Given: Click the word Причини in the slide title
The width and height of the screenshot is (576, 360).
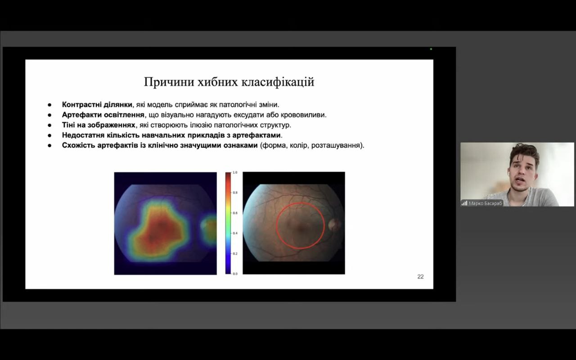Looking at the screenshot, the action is tap(169, 82).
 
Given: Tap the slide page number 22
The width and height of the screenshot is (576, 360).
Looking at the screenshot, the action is tap(420, 277).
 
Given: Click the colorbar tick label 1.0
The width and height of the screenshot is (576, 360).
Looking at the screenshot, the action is tap(235, 172).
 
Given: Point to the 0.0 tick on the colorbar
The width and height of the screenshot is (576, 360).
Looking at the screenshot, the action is tap(235, 274).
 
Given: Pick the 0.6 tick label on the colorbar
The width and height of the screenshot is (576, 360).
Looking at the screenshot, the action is tap(235, 213).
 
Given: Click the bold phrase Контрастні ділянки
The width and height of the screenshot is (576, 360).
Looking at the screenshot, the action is tap(97, 105).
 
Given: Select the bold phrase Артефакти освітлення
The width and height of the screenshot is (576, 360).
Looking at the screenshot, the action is tap(103, 115).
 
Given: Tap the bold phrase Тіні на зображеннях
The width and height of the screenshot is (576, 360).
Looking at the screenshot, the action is tap(99, 125).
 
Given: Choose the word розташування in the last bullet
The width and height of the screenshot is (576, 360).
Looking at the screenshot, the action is tap(335, 145).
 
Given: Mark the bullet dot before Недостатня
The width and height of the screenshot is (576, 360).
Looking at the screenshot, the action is tap(49, 135).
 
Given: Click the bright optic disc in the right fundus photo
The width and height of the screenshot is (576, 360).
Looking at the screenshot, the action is tap(334, 225).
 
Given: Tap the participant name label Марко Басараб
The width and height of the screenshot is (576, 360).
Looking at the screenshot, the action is tap(485, 203).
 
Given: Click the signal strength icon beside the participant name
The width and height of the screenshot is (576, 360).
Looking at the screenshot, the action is tap(464, 203).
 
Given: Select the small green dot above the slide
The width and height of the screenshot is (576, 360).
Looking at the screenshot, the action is tap(431, 49).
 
